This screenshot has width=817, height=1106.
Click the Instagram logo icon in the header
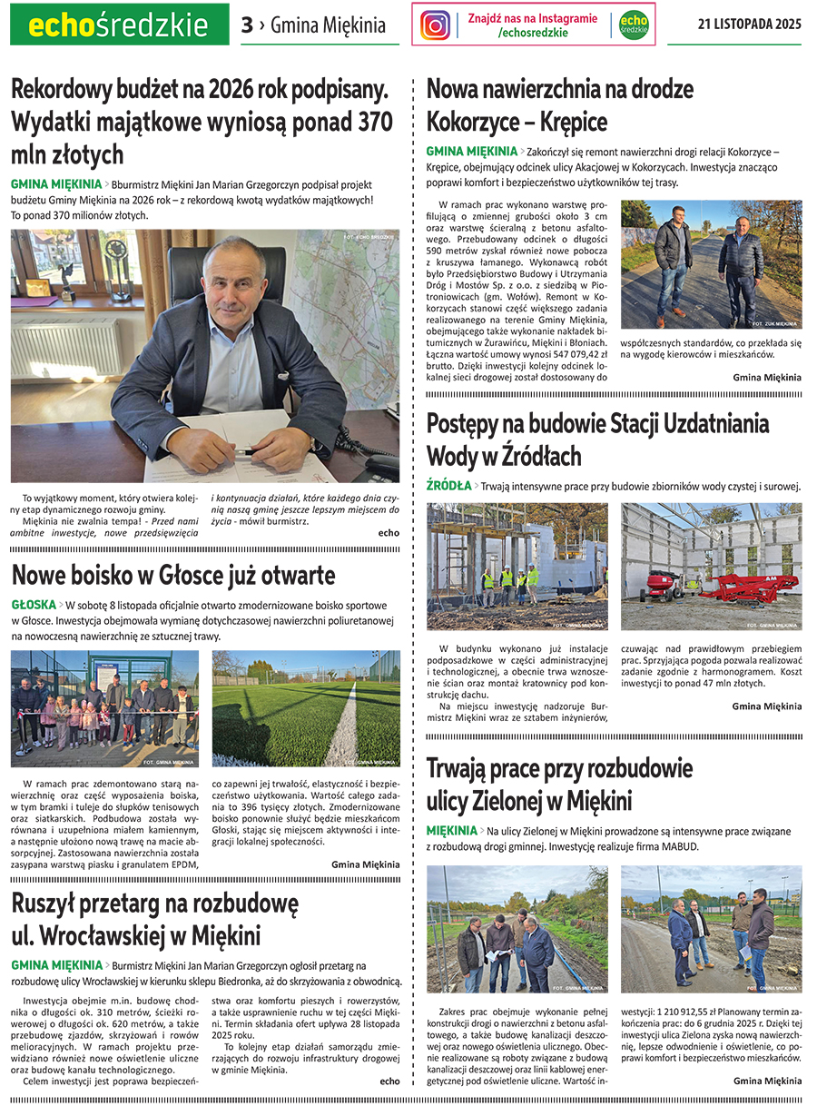(x=436, y=25)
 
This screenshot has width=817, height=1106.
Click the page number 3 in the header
(x=247, y=25)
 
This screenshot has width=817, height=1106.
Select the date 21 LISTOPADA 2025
(x=750, y=25)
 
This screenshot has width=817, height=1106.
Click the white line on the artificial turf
(x=343, y=726)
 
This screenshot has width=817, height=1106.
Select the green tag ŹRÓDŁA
(x=448, y=486)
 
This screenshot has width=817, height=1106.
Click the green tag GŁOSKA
(x=34, y=605)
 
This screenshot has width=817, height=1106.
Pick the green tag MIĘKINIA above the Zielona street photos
(x=451, y=831)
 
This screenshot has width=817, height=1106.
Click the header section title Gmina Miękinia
(x=328, y=25)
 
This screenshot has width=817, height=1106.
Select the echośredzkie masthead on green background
(x=119, y=25)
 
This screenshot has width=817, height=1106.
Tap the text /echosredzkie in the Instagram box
(x=533, y=34)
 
